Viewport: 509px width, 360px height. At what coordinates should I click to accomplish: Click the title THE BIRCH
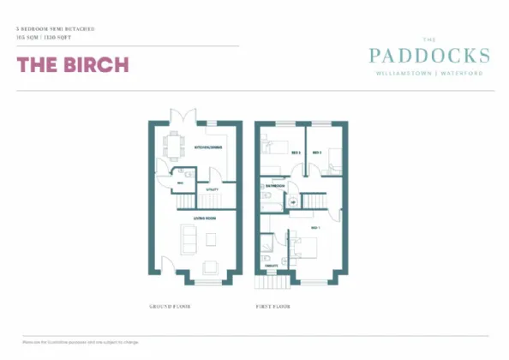73,65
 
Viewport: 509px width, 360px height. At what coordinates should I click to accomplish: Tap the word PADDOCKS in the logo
429,56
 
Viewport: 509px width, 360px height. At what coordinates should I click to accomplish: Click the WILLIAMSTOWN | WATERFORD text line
429,74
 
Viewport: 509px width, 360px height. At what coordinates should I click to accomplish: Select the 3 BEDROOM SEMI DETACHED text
55,30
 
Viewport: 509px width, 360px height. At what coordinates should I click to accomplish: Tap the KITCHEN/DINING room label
208,147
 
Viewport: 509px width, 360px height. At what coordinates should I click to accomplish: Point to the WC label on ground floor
181,182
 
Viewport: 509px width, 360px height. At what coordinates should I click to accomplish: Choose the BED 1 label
315,228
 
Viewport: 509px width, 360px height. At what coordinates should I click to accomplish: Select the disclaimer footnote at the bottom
75,342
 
